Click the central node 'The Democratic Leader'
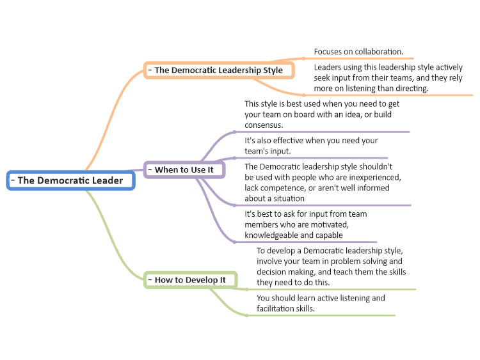coord(70,180)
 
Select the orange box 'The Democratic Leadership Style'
coord(219,70)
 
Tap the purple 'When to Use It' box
coord(184,169)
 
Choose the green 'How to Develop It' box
coord(191,280)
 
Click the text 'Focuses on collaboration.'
coord(358,52)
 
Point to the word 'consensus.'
coord(264,125)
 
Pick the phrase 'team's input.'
coord(268,151)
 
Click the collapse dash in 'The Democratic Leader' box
coord(13,180)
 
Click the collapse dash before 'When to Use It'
coord(150,169)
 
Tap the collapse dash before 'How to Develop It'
coord(150,279)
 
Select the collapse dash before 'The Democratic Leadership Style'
coord(150,70)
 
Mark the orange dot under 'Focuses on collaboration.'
coord(303,58)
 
